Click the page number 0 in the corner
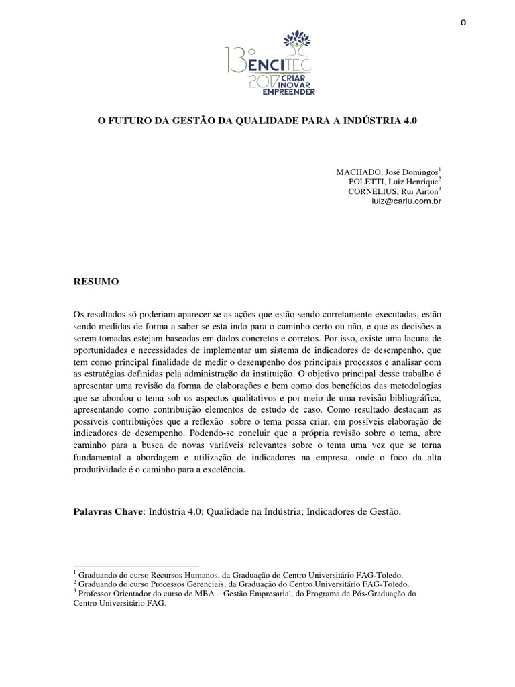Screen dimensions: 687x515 pos(463,23)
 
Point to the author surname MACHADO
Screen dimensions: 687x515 pos(359,172)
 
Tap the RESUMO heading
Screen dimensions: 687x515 pos(96,282)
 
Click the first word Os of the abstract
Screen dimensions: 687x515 pos(79,315)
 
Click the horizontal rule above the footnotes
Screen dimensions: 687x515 pos(135,566)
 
